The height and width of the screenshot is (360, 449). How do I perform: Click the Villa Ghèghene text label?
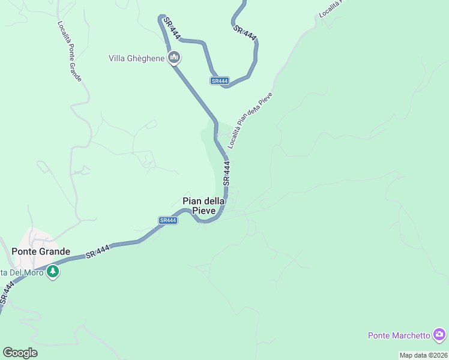(x=136, y=58)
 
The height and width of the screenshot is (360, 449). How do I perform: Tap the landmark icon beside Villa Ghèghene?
(x=175, y=58)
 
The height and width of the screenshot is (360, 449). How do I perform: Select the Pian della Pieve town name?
(x=204, y=206)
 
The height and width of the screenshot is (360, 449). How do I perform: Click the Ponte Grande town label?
(x=41, y=251)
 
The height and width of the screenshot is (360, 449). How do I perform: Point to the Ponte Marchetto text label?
(x=399, y=335)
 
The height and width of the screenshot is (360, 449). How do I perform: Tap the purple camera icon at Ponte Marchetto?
(x=439, y=334)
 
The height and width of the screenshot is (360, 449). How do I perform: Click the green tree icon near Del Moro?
(x=53, y=272)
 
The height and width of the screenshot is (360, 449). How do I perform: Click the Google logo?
(x=20, y=353)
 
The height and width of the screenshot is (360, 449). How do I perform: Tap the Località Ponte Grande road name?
(x=70, y=52)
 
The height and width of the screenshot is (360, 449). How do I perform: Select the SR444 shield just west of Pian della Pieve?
(x=168, y=220)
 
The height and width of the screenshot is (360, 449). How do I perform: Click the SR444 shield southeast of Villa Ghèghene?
(x=220, y=81)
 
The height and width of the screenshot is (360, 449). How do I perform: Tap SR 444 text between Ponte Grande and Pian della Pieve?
(x=98, y=251)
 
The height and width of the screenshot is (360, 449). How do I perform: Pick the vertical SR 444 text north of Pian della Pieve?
(x=226, y=172)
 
